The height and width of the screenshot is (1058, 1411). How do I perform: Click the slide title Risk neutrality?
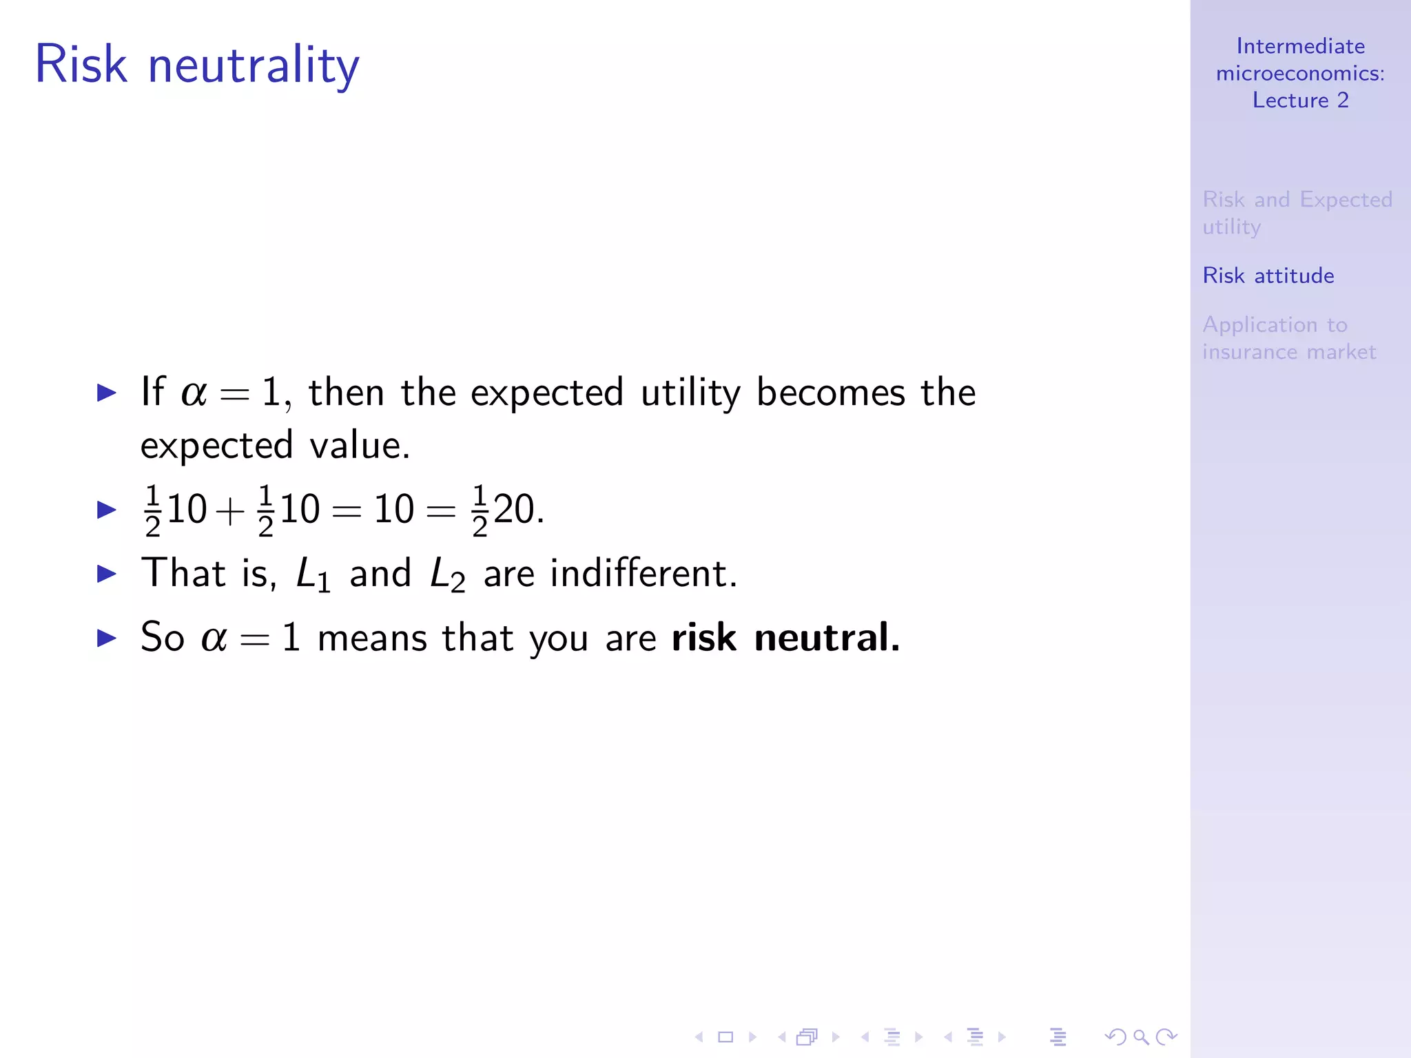pos(197,65)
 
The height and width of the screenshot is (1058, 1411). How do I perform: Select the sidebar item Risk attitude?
pos(1268,276)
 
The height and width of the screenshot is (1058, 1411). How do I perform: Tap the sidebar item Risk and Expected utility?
pos(1297,212)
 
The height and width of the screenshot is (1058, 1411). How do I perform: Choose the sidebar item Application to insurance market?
pos(1288,338)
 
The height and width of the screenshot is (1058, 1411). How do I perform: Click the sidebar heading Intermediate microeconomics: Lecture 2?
pos(1300,73)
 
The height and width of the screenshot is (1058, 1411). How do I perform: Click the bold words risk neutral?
pos(785,637)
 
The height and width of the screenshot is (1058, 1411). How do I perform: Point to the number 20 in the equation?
pos(514,510)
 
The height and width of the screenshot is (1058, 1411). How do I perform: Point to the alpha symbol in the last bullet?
pos(214,639)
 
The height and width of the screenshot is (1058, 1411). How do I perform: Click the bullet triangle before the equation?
pos(107,510)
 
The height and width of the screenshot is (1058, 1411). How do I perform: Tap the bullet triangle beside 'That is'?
pos(107,573)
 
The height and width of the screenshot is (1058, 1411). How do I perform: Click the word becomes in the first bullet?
pos(830,393)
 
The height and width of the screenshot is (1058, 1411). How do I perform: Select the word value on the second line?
pos(359,446)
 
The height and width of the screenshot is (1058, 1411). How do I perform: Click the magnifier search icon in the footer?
pos(1140,1037)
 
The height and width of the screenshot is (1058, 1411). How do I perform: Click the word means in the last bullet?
pos(372,639)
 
